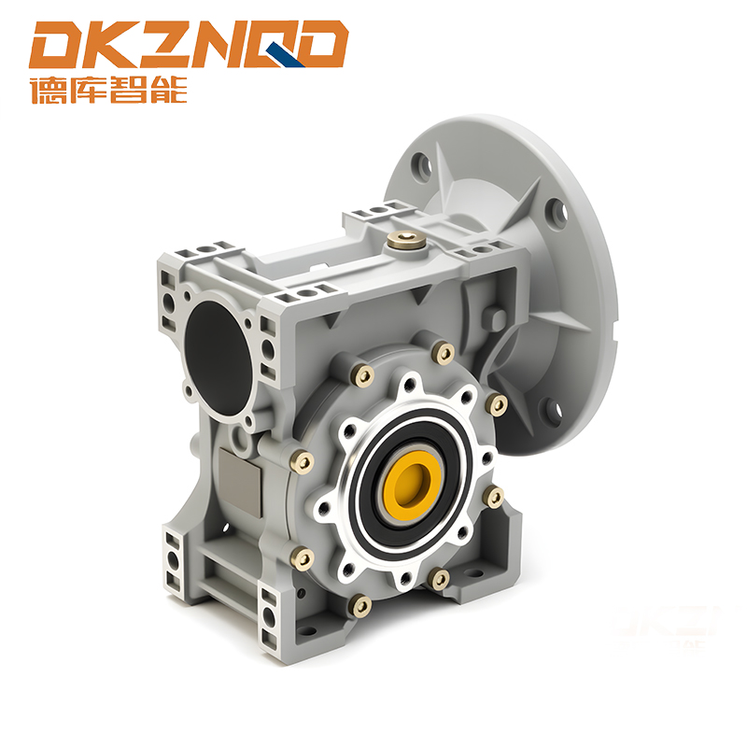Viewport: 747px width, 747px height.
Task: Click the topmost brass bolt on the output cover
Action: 444,353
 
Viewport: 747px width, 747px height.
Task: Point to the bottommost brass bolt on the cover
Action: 361,605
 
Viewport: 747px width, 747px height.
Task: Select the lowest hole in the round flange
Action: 555,409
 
